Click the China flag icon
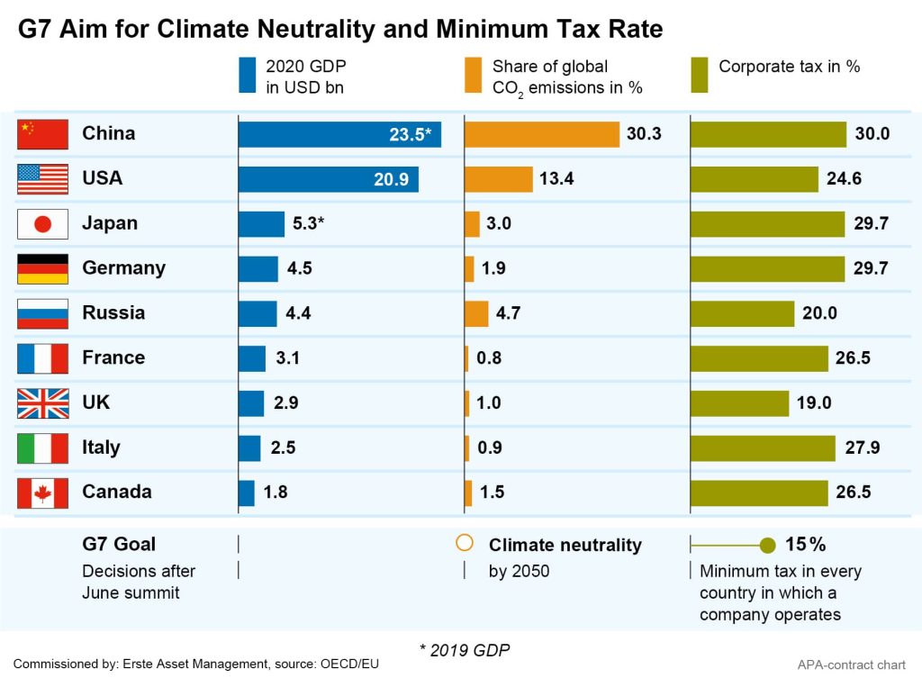coord(42,134)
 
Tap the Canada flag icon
coord(42,493)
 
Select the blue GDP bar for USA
coord(329,179)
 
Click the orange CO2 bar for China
coord(542,134)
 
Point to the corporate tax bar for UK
coord(739,402)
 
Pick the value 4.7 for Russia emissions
coord(508,313)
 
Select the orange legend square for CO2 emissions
coord(473,76)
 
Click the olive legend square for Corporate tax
coord(699,76)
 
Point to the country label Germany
coord(123,268)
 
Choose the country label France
coord(113,357)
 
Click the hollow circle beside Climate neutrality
coord(465,543)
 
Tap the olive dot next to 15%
coord(767,545)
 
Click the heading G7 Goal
coord(119,544)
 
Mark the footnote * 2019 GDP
coord(460,648)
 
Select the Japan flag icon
coord(42,224)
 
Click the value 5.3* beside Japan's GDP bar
coord(308,223)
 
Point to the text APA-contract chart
coord(851,664)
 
